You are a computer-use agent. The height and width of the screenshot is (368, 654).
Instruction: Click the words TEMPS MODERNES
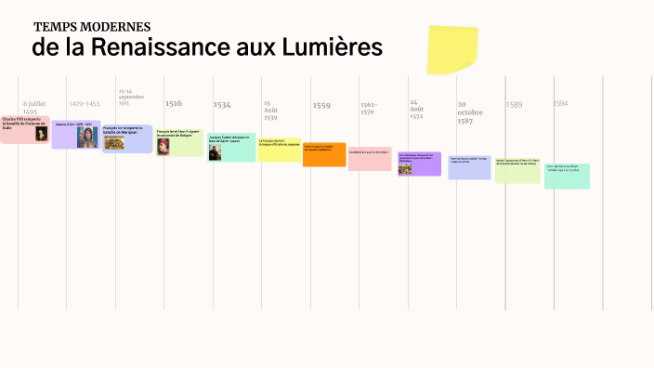tap(92, 27)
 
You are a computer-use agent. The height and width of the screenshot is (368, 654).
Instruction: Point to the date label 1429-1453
tap(85, 104)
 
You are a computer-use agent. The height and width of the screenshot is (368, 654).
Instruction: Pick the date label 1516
tap(174, 104)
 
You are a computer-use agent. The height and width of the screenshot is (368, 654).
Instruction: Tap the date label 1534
tap(222, 105)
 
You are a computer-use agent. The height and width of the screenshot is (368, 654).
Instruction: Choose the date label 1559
tap(321, 105)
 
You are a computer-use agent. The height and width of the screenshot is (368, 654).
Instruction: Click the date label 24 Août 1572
tap(416, 109)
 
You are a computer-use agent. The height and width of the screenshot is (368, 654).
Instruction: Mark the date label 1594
tap(560, 104)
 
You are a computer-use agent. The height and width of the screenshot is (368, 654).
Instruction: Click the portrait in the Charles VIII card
tap(41, 134)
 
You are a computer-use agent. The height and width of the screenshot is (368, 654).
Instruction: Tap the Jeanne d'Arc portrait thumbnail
tap(86, 137)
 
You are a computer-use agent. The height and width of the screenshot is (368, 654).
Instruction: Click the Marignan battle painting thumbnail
tap(115, 141)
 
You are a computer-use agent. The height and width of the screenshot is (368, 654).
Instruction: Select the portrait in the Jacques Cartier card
tap(215, 152)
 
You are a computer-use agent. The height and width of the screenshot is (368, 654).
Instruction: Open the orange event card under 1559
tap(324, 154)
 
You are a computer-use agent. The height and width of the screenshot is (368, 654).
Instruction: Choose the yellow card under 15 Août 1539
tap(279, 150)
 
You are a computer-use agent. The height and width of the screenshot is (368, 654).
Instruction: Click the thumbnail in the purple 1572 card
tap(405, 168)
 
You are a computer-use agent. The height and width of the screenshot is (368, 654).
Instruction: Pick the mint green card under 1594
tap(567, 176)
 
